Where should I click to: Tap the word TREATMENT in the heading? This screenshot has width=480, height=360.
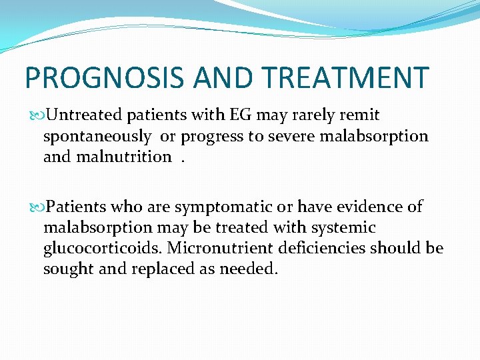tap(345, 78)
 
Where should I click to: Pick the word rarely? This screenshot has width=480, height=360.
tap(312, 115)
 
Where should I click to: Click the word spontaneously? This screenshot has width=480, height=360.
tap(97, 137)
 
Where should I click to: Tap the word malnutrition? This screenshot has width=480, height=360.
tap(127, 157)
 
